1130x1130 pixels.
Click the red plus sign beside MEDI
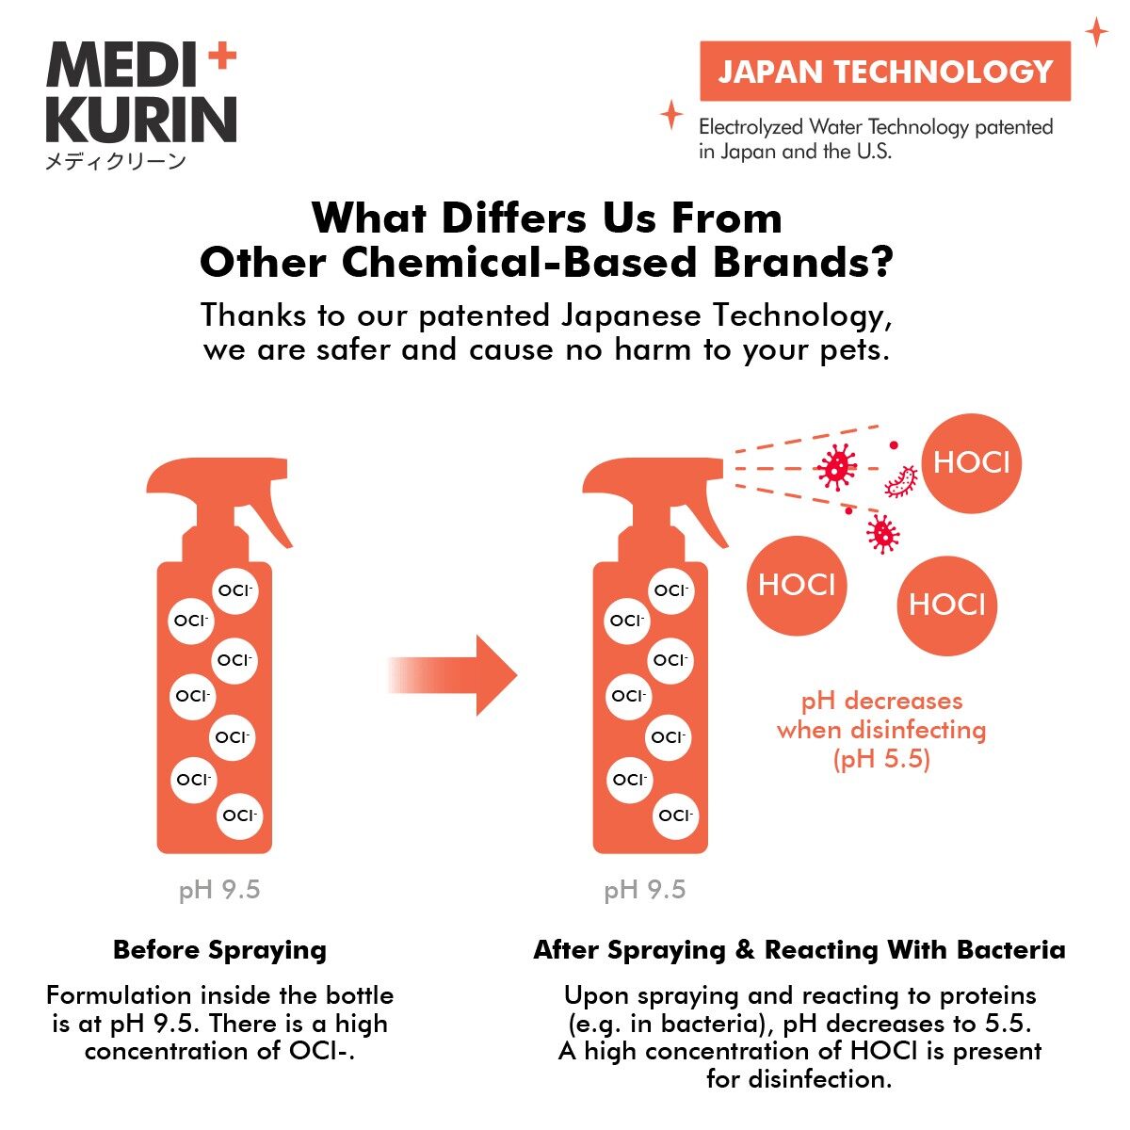[222, 56]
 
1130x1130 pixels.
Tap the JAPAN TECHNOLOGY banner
[885, 71]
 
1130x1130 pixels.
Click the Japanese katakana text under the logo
[116, 161]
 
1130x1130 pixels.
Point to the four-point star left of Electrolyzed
[671, 115]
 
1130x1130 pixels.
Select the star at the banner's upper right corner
[1096, 32]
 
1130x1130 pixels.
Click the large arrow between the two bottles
[452, 675]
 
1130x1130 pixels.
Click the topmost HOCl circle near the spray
[972, 463]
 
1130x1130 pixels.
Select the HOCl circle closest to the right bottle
[797, 585]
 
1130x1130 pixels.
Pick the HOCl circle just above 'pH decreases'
[947, 605]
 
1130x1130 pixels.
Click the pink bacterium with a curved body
[901, 482]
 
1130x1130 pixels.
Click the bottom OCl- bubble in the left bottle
[239, 815]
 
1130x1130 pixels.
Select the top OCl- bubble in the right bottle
[671, 590]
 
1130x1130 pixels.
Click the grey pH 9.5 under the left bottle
[219, 890]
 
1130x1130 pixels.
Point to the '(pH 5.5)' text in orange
[881, 758]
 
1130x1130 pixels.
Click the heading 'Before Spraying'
[220, 950]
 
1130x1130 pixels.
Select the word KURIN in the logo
[141, 121]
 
